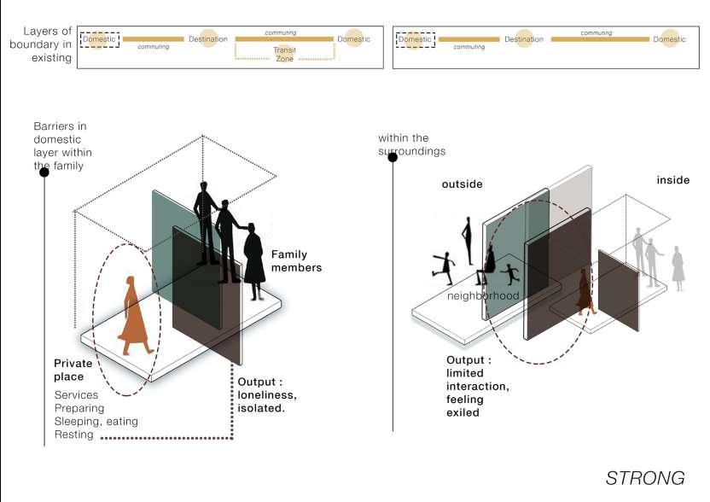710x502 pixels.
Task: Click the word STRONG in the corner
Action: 645,477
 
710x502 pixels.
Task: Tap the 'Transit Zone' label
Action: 285,55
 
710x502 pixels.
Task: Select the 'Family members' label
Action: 296,260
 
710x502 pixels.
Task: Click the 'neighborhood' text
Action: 484,295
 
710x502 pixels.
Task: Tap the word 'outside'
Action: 462,184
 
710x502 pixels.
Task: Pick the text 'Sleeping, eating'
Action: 96,422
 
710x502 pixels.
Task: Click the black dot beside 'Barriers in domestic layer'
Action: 44,172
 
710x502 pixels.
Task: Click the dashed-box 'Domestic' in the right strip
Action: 416,39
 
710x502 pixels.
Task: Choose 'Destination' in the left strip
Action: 208,39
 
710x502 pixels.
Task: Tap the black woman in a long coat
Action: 254,260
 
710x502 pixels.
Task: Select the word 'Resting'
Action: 74,435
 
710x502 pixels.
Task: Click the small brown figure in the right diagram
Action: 585,290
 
